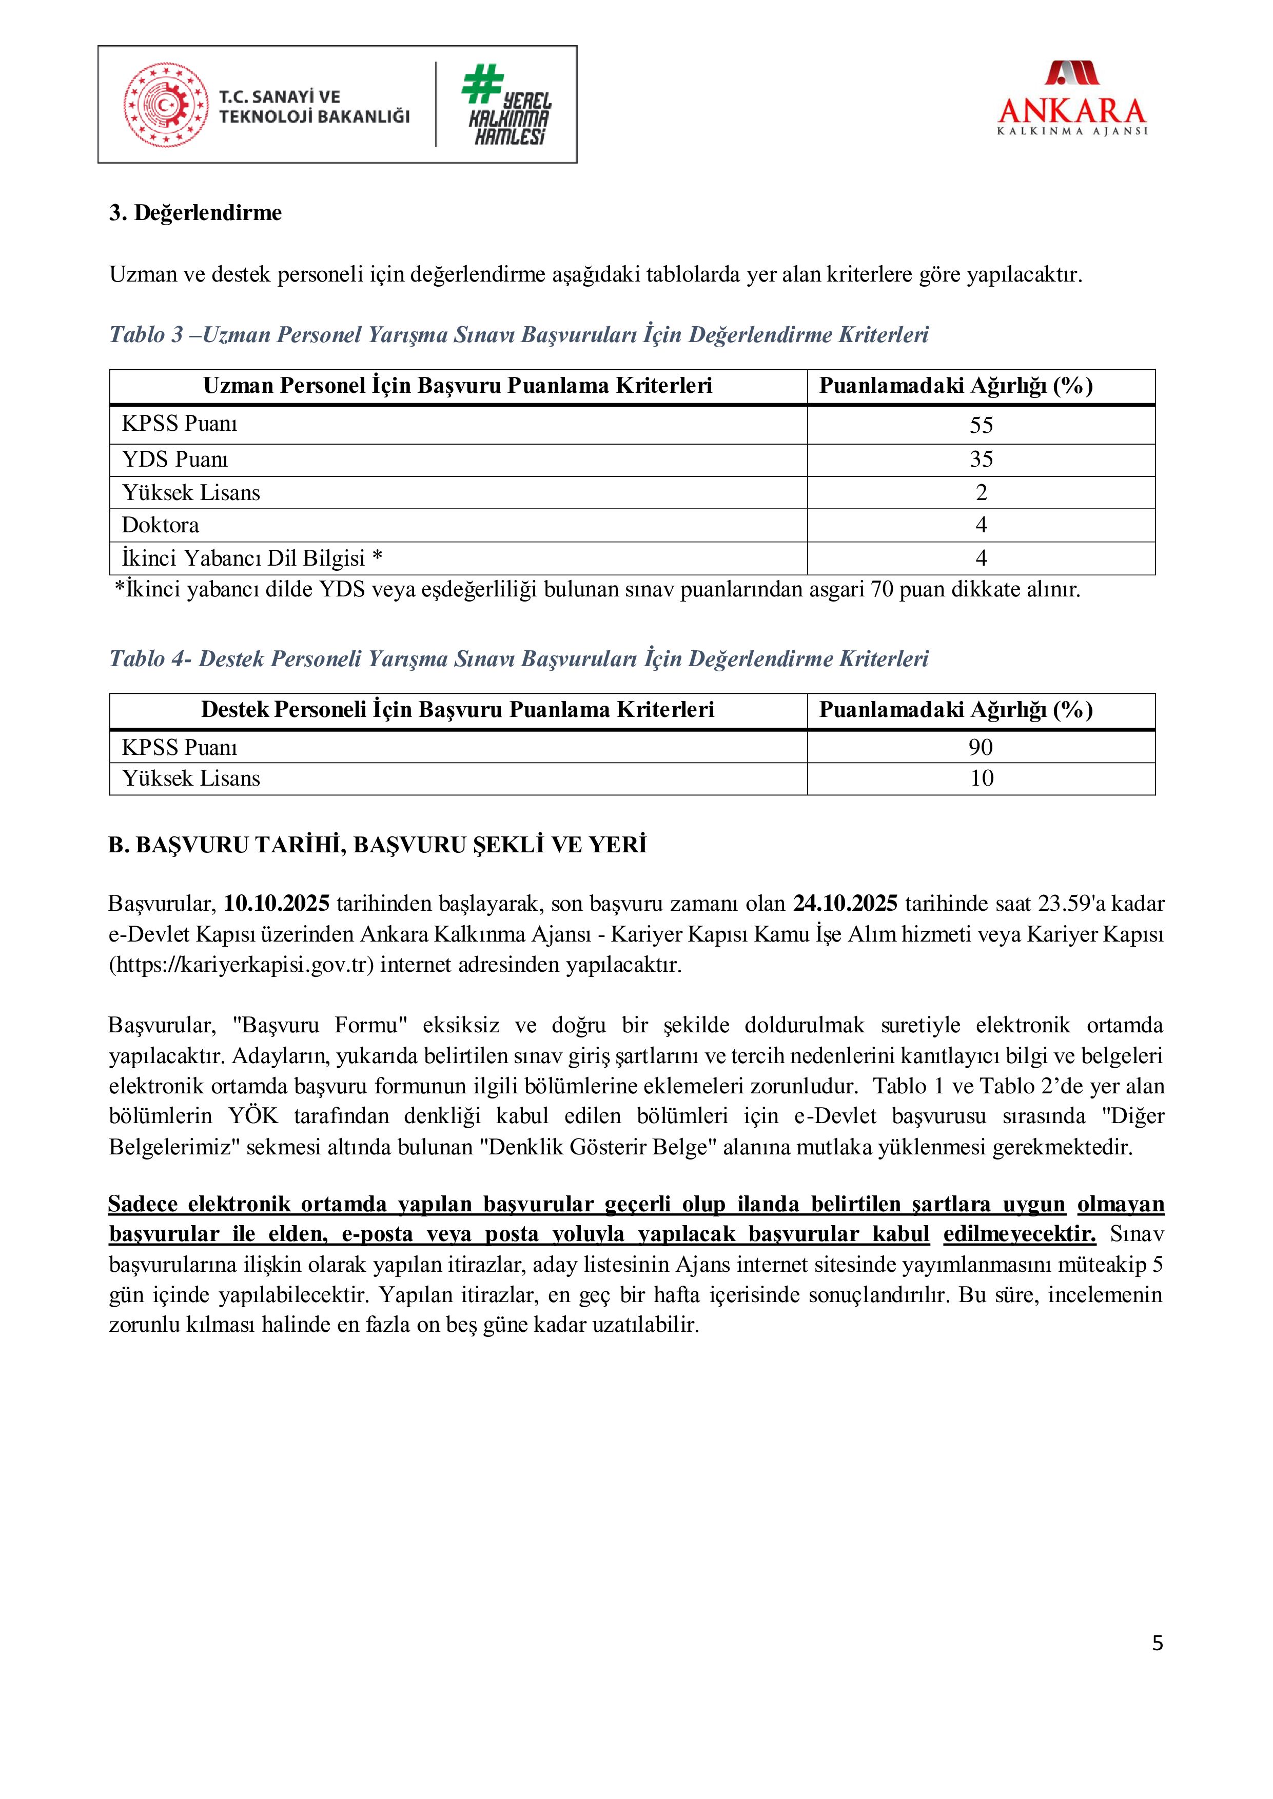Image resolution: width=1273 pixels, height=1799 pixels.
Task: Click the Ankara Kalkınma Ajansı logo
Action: click(x=1071, y=99)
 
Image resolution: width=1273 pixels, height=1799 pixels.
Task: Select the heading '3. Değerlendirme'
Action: click(x=195, y=213)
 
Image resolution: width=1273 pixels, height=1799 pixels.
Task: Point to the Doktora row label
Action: click(x=161, y=525)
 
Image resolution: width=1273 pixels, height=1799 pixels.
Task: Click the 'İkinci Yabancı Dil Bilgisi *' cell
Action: click(x=251, y=558)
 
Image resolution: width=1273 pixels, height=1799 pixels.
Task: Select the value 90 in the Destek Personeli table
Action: click(x=981, y=748)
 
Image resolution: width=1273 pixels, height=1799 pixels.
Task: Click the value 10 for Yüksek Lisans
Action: click(x=982, y=779)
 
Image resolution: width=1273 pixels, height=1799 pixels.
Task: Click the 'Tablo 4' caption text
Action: click(x=518, y=659)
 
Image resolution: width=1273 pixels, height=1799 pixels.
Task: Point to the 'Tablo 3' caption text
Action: click(x=518, y=335)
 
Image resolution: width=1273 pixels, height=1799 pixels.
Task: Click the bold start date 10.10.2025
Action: click(x=277, y=904)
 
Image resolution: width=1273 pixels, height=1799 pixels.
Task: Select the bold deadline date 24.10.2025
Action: click(x=845, y=904)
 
